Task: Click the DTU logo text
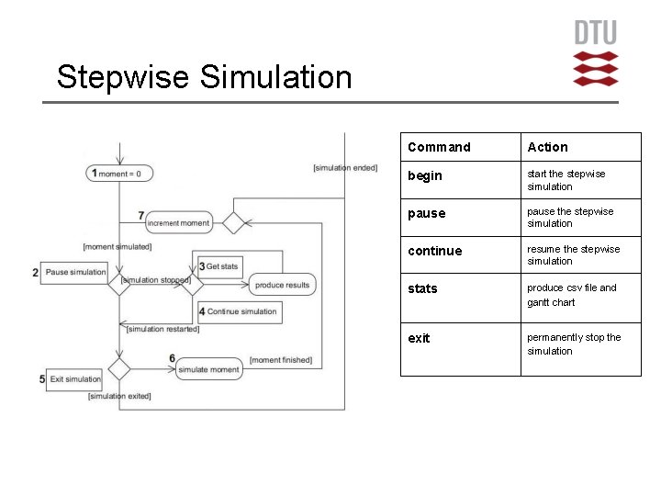(596, 33)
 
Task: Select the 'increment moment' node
(178, 222)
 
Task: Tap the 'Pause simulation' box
(75, 272)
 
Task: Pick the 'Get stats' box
(221, 266)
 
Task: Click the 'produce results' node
(282, 285)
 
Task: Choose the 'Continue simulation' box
(241, 311)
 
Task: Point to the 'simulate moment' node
(209, 369)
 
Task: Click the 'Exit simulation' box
(75, 378)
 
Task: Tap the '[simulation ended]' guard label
(345, 167)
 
